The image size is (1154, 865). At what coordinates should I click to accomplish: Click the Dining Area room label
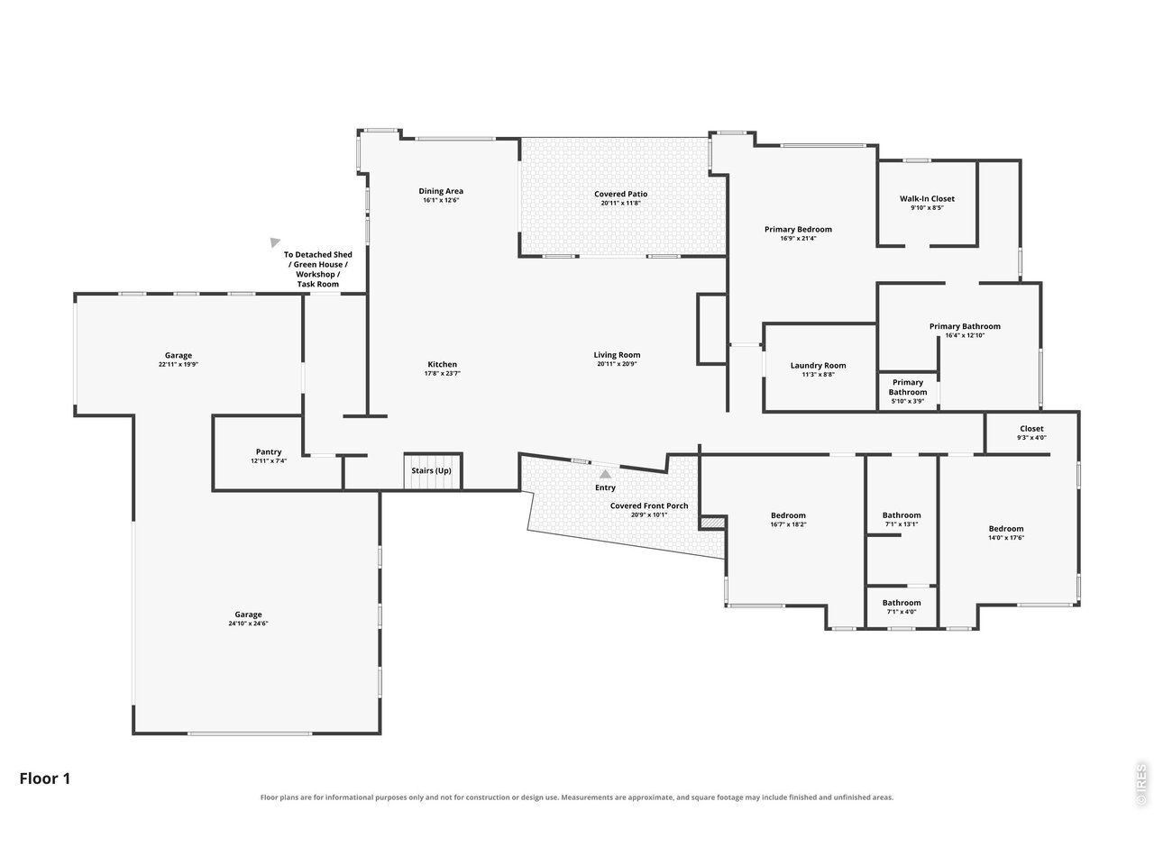pos(441,191)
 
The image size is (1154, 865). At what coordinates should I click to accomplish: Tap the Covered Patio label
pos(620,194)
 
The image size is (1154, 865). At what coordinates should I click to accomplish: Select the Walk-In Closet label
pos(927,198)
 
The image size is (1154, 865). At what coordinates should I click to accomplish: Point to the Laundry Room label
pos(818,366)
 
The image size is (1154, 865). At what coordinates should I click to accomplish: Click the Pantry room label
pos(269,451)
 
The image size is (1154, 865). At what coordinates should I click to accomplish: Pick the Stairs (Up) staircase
pos(433,470)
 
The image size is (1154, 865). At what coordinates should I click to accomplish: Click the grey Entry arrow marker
pos(605,474)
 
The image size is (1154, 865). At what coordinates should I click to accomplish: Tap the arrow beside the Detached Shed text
pos(274,242)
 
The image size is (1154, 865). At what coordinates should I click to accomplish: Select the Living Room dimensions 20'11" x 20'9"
pos(617,364)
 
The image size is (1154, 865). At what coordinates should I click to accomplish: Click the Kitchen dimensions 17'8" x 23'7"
pos(442,373)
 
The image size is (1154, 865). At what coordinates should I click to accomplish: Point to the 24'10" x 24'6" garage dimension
pos(248,624)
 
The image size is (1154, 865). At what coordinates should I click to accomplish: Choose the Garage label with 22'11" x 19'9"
pos(179,356)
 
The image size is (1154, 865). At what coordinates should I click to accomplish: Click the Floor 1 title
pos(45,778)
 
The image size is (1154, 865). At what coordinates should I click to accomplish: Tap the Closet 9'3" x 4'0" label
pos(1031,429)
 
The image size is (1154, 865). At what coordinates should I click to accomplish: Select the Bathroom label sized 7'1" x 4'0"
pos(902,603)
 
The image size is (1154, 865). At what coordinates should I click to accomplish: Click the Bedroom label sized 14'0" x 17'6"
pos(1006,529)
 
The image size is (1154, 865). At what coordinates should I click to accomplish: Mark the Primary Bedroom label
pos(798,230)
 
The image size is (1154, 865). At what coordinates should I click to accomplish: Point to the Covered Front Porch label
pos(649,505)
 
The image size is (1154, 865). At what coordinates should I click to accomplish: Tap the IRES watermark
pos(1140,785)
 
